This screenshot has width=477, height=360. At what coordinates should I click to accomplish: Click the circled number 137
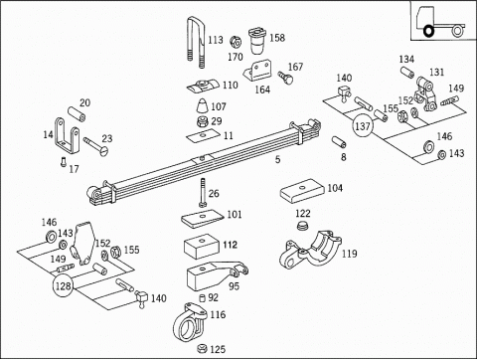363,126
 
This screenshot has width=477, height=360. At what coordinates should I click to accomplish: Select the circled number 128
63,285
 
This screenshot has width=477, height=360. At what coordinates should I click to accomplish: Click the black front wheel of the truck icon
428,31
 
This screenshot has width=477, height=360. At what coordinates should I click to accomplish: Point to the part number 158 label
277,38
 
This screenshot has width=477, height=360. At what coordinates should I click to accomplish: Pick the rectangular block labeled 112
202,247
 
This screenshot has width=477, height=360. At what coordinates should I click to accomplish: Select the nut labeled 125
202,348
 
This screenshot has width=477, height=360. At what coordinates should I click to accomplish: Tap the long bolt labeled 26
203,193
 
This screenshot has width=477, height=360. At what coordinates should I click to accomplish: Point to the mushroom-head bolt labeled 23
96,146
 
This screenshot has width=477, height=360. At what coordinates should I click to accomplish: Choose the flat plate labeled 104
302,191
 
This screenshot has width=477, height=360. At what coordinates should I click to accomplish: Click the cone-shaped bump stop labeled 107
203,106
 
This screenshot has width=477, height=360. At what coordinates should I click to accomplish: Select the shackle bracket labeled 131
425,94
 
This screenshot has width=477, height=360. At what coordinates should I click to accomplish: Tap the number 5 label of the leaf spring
277,160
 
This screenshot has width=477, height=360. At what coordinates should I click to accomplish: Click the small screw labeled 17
64,162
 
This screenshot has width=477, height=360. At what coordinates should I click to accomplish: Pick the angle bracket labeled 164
258,71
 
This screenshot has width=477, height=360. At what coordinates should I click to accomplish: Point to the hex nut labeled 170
236,42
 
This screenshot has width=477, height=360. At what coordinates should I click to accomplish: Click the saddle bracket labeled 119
310,250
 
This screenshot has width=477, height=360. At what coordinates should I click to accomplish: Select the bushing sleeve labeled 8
339,141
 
